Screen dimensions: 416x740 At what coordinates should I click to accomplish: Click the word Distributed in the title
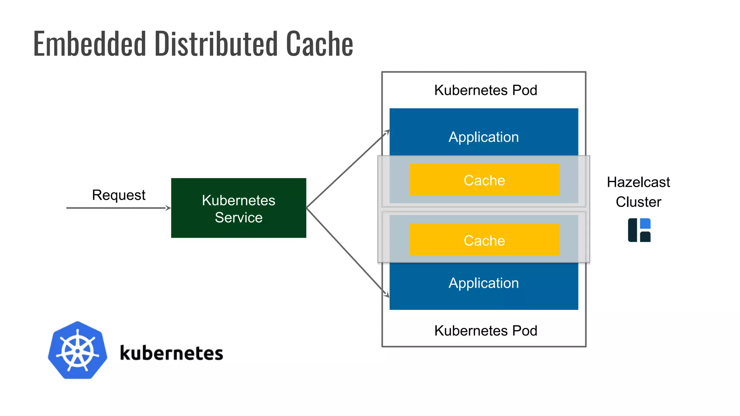[x=216, y=44]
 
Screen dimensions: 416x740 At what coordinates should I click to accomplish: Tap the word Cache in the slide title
[x=319, y=44]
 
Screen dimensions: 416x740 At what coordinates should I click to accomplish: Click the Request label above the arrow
[x=119, y=195]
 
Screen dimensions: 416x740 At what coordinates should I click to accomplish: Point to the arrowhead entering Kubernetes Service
[x=168, y=208]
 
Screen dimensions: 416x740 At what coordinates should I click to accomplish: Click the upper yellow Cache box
[x=484, y=180]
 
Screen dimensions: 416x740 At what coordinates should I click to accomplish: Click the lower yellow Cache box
[x=484, y=240]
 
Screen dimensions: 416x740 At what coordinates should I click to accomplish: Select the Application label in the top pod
[x=483, y=137]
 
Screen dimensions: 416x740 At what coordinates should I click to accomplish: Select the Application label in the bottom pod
[x=483, y=283]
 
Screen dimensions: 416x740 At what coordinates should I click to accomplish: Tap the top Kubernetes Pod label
[x=486, y=90]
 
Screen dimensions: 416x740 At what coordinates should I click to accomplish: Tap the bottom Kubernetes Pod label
[x=486, y=331]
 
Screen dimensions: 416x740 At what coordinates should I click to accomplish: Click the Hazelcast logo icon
[x=639, y=230]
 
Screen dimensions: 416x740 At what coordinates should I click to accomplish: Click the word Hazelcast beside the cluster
[x=638, y=182]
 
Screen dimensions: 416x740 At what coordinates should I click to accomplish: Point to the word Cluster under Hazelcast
[x=638, y=202]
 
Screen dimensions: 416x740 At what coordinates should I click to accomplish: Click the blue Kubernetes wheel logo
[x=77, y=350]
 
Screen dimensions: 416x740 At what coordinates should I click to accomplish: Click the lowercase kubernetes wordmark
[x=171, y=353]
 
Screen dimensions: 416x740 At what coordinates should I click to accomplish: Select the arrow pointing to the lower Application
[x=347, y=251]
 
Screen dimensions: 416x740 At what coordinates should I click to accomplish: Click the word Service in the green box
[x=238, y=218]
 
